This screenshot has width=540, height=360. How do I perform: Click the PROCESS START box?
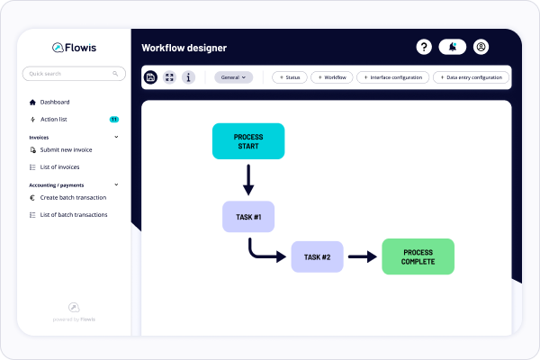click(247, 141)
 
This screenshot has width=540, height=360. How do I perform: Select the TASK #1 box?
click(247, 217)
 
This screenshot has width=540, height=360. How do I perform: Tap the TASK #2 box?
click(318, 256)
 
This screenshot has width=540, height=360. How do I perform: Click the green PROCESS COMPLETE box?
click(418, 256)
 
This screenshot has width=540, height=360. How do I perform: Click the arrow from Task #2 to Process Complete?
click(362, 256)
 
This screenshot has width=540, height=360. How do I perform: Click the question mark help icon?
click(425, 47)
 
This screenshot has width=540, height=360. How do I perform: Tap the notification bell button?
click(453, 47)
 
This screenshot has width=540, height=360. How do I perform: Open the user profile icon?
click(481, 47)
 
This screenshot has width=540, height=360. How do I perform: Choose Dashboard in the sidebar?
click(54, 102)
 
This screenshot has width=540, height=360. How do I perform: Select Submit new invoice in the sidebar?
click(67, 149)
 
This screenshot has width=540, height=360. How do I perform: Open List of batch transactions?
click(74, 214)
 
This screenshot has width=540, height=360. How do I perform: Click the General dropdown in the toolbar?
click(233, 77)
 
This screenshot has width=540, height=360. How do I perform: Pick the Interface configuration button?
click(392, 77)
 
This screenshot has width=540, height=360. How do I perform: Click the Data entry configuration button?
click(471, 77)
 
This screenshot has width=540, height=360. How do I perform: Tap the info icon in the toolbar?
click(188, 77)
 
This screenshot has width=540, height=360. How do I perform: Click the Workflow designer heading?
click(184, 47)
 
